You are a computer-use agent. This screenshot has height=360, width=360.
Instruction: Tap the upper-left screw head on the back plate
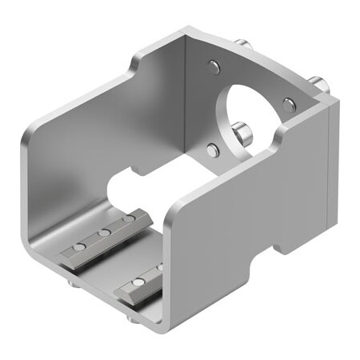pyautogui.click(x=212, y=68)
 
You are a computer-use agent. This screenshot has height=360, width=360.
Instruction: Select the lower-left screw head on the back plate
pyautogui.click(x=212, y=150)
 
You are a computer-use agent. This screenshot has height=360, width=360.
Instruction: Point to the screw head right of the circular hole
pyautogui.click(x=289, y=104)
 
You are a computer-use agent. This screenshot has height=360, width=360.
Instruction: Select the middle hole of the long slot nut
pyautogui.click(x=103, y=234)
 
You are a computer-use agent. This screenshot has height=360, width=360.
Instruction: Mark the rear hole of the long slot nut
pyautogui.click(x=126, y=218)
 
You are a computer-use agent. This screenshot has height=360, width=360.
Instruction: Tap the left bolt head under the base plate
pyautogui.click(x=73, y=282)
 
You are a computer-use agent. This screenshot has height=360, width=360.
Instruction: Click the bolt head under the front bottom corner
pyautogui.click(x=130, y=320)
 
